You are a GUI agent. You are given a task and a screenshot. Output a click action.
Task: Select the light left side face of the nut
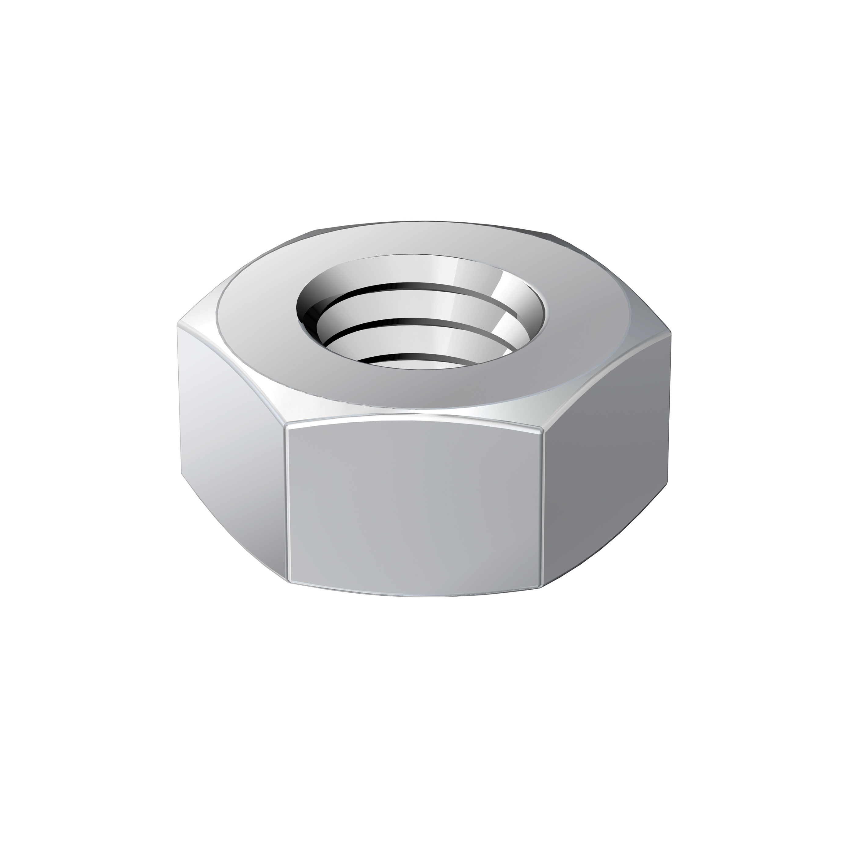(x=230, y=442)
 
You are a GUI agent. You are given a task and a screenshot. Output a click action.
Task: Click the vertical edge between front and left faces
(x=286, y=504)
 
